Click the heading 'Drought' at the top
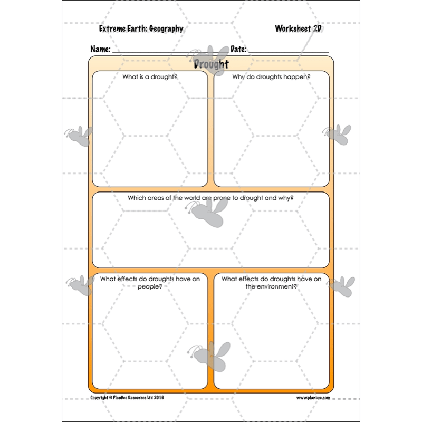[x=211, y=64]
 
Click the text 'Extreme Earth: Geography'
[x=141, y=29]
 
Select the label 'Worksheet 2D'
[x=298, y=28]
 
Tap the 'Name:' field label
[x=100, y=49]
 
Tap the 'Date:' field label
[x=238, y=49]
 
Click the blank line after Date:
[x=289, y=51]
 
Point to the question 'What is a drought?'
[x=150, y=77]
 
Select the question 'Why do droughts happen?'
[x=271, y=77]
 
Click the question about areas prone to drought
[x=210, y=198]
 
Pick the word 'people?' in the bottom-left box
[x=150, y=286]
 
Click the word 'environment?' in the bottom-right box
[x=271, y=286]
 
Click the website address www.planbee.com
[x=313, y=398]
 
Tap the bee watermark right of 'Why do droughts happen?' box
[x=338, y=135]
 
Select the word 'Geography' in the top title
[x=166, y=29]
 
